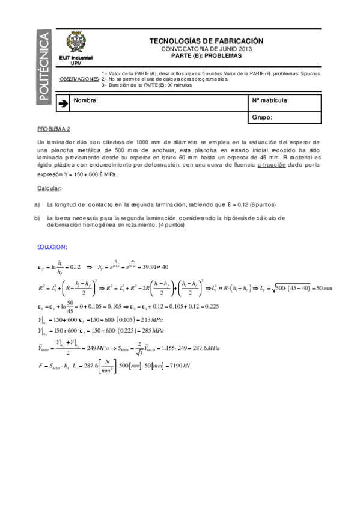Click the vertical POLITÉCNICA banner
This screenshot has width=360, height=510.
click(x=45, y=66)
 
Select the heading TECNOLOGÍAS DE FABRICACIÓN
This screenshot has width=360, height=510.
click(x=206, y=41)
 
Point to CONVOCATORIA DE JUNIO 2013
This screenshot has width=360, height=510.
click(x=206, y=48)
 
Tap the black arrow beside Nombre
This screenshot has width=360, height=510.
click(x=63, y=103)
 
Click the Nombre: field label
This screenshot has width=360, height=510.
click(x=85, y=100)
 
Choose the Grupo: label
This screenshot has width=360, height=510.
click(x=262, y=117)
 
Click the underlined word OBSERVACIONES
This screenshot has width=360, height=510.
click(x=80, y=79)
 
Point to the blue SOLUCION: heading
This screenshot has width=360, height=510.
click(x=52, y=247)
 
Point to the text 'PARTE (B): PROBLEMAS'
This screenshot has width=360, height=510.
click(x=206, y=55)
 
